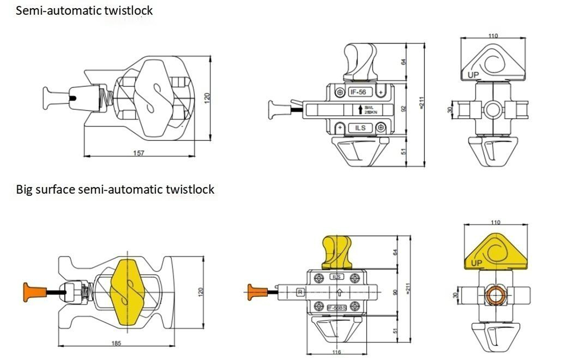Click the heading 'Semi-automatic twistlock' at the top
click(x=84, y=10)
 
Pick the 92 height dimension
click(x=404, y=109)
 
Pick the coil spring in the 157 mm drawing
click(x=107, y=96)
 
